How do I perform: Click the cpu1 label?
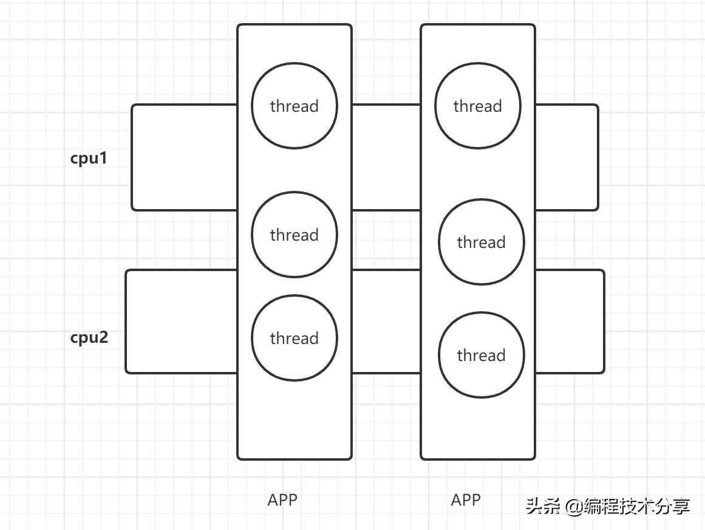click(89, 159)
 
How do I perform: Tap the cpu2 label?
click(89, 337)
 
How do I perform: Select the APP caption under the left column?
click(282, 500)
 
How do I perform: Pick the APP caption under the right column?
click(466, 500)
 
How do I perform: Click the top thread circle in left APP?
click(294, 106)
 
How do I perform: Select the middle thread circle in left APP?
click(294, 235)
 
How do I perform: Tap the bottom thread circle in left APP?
click(294, 338)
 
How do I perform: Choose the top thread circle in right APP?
click(477, 106)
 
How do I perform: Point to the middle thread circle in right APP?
click(481, 242)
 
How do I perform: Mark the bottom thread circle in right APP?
click(481, 355)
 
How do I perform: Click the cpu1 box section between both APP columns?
click(386, 157)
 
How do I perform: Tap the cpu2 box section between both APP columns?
click(386, 321)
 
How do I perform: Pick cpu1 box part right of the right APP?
click(567, 157)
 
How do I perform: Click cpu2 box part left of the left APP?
click(182, 321)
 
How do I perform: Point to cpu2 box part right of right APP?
click(570, 321)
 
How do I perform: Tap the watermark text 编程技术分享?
click(636, 506)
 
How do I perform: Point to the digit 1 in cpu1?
click(103, 159)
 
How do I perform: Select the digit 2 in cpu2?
click(103, 337)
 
